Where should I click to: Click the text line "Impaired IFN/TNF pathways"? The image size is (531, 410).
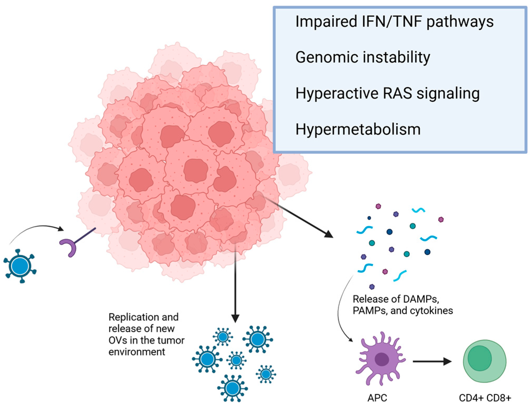(x=394, y=21)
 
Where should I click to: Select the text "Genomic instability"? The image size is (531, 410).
(x=363, y=57)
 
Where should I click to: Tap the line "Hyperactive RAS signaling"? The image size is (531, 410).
(x=387, y=93)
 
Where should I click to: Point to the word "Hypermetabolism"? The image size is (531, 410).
(x=358, y=129)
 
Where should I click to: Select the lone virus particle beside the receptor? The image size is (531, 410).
(x=20, y=266)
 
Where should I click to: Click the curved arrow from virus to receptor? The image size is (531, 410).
(x=37, y=228)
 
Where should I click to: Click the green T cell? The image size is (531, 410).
(x=485, y=361)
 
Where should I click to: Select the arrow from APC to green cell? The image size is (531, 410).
(x=431, y=362)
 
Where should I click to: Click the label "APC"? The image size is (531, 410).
(x=377, y=398)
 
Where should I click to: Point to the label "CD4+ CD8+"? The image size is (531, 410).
(x=485, y=398)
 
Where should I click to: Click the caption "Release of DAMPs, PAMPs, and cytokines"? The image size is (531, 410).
(x=403, y=305)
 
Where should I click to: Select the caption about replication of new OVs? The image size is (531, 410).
(x=146, y=335)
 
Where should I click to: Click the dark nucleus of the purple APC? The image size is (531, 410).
(x=382, y=359)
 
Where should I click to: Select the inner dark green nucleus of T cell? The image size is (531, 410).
(x=479, y=358)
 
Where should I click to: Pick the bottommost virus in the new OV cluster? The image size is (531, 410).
(x=232, y=388)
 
